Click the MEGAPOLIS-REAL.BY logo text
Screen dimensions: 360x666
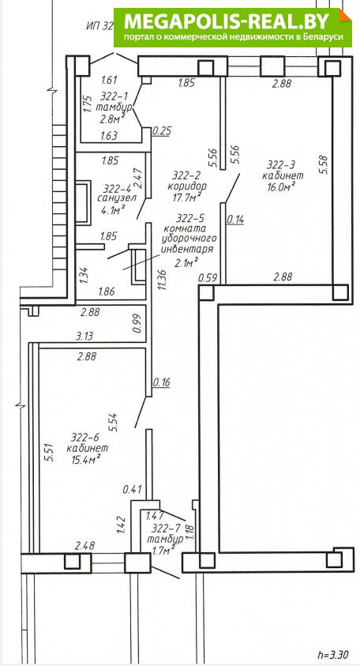[x=227, y=21]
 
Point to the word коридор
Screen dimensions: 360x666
[x=187, y=186]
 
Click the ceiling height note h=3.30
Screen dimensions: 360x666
[x=335, y=653]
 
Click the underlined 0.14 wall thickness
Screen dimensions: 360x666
[x=235, y=220]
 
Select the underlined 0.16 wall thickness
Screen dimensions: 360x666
[x=161, y=382]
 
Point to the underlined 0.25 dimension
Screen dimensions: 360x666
[x=162, y=131]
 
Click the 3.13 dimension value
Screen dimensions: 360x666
[x=84, y=337]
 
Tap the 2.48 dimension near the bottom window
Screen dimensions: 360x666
[x=84, y=545]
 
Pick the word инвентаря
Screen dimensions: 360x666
[x=187, y=249]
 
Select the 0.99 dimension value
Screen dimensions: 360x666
[x=136, y=323]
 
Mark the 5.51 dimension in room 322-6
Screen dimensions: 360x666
[x=49, y=453]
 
